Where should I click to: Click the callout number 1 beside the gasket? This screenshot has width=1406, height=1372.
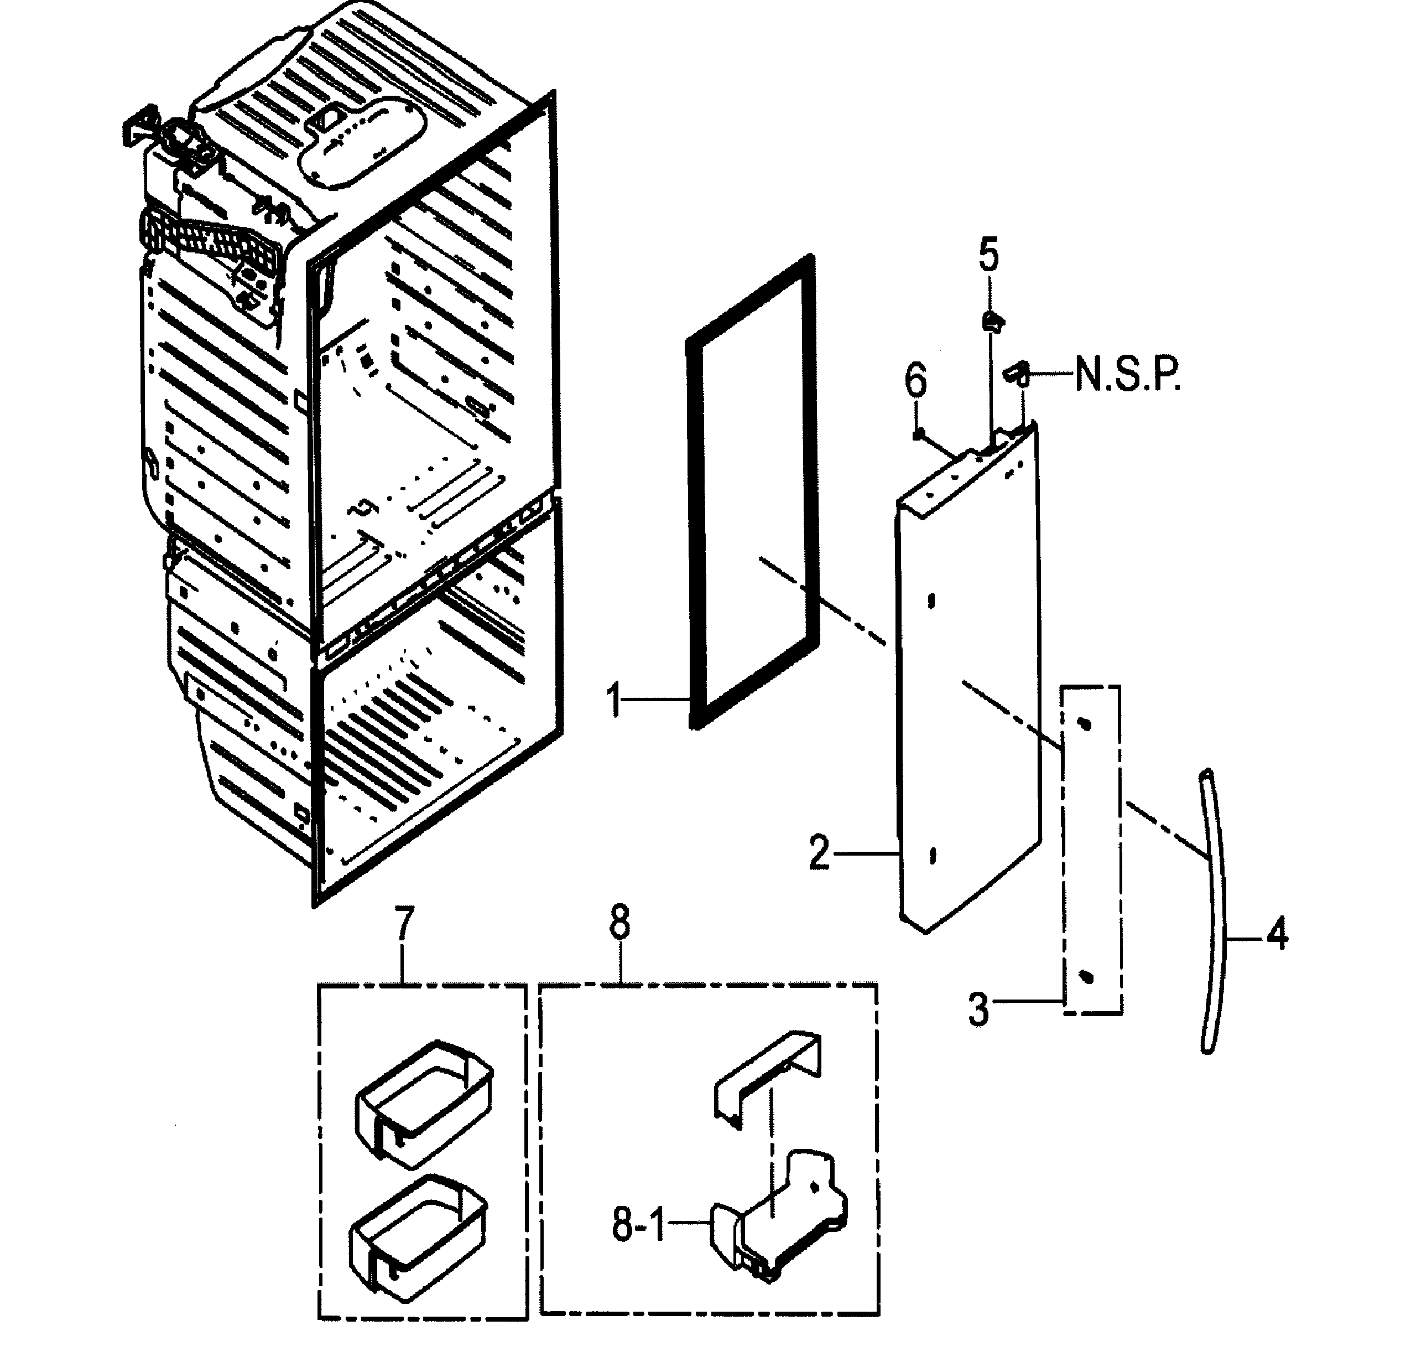(x=614, y=701)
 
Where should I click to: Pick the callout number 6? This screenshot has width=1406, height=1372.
(x=915, y=380)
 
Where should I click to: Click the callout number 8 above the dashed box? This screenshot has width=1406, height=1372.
(x=619, y=923)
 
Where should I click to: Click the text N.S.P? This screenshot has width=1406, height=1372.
(x=1127, y=376)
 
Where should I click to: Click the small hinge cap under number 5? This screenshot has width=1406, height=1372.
(x=992, y=320)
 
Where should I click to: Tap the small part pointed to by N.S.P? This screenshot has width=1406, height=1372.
(x=1017, y=373)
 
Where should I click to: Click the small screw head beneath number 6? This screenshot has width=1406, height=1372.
(x=918, y=434)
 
